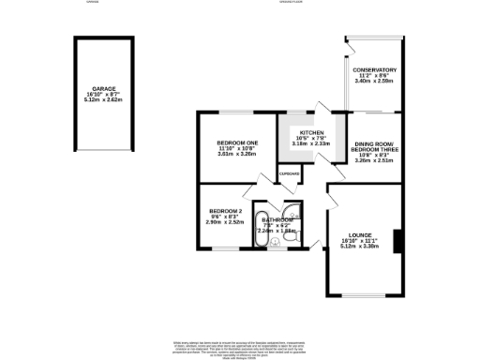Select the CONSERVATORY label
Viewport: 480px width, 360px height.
pyautogui.click(x=375, y=69)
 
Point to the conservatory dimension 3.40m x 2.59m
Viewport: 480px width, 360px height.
pyautogui.click(x=375, y=82)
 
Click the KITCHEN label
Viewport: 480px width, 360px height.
pyautogui.click(x=311, y=132)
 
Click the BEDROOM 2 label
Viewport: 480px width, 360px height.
pyautogui.click(x=226, y=210)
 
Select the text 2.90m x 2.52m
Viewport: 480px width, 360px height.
pyautogui.click(x=226, y=222)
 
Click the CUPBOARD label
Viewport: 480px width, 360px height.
pyautogui.click(x=289, y=173)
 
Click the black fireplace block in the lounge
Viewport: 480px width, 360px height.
pyautogui.click(x=398, y=242)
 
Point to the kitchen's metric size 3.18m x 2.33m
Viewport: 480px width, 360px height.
pyautogui.click(x=311, y=143)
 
